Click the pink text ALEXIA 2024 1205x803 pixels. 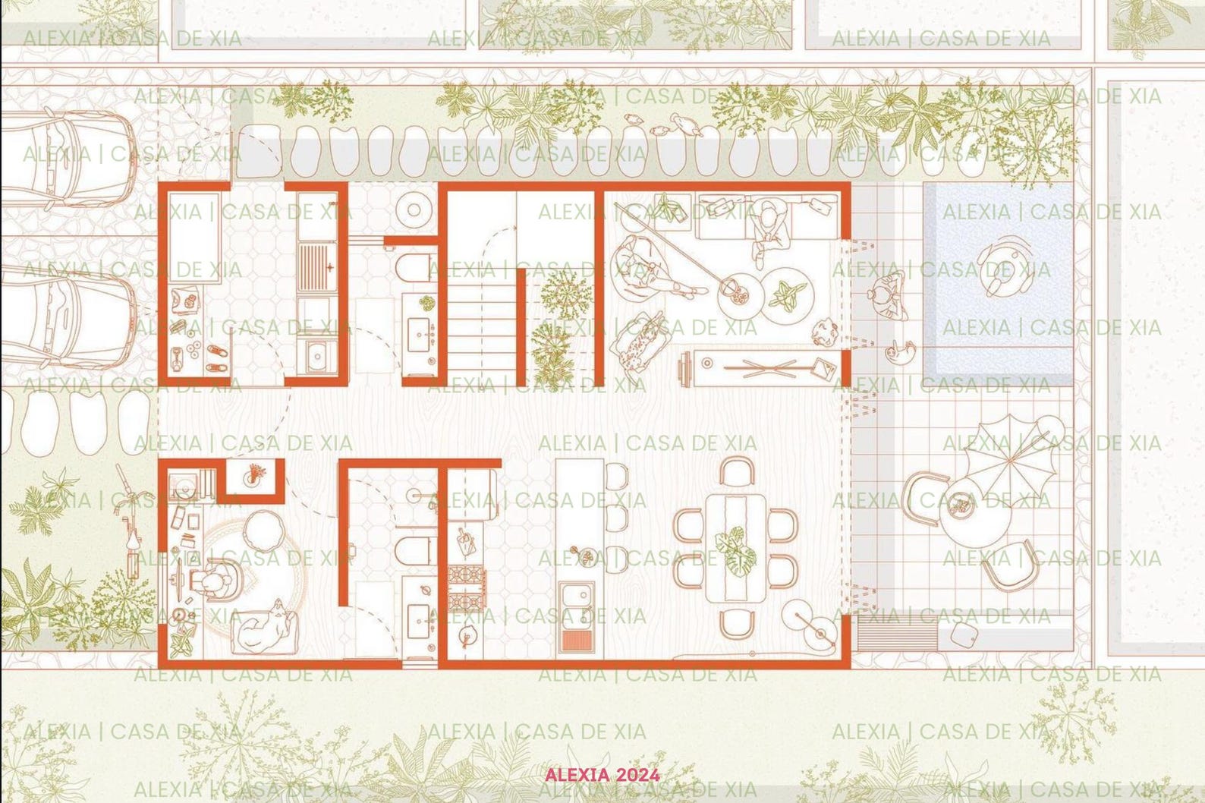pos(602,775)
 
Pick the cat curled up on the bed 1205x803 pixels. pos(266,625)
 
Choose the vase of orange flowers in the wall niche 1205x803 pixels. pos(253,475)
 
